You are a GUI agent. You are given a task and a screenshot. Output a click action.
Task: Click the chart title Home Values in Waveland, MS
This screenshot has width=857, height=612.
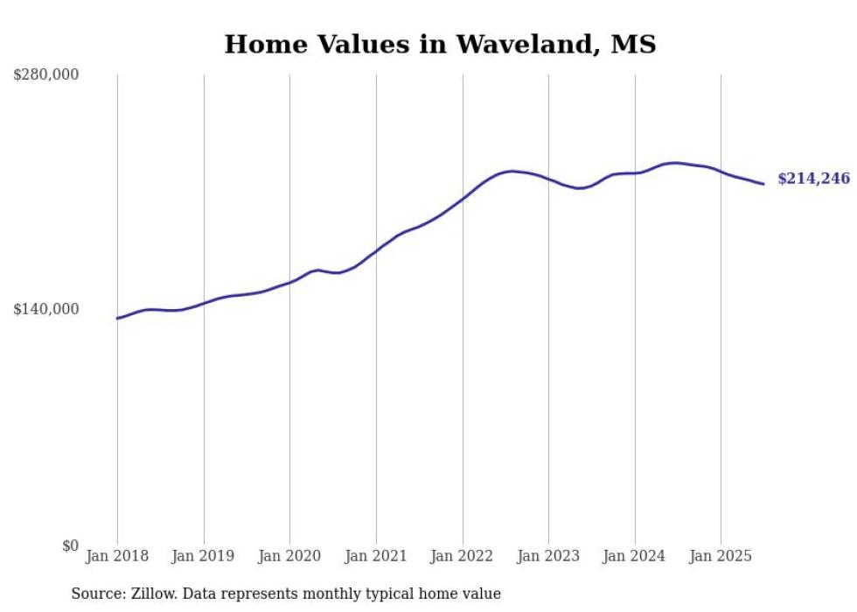[x=440, y=44]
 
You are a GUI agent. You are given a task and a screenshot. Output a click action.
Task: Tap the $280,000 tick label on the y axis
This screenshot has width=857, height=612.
[x=46, y=75]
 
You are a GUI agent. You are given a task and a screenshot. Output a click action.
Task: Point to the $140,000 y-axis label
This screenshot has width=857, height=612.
[x=46, y=309]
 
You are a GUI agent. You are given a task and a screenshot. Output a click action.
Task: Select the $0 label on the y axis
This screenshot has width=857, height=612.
[x=70, y=545]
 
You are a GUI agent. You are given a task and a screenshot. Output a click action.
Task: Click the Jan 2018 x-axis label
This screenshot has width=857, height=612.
[x=117, y=556]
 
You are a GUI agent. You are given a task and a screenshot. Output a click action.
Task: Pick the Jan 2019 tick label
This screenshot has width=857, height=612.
[x=204, y=556]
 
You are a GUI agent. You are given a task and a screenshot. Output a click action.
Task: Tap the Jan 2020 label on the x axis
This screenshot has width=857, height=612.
[x=289, y=556]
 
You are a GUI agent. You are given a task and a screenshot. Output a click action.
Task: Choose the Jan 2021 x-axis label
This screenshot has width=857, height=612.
[x=376, y=556]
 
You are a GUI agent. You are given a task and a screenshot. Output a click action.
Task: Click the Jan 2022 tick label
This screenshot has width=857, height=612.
[x=463, y=556]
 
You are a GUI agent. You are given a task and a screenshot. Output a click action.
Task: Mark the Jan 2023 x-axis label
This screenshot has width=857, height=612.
[x=548, y=556]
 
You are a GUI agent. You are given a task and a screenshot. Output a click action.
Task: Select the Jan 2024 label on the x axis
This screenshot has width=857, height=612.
[x=635, y=556]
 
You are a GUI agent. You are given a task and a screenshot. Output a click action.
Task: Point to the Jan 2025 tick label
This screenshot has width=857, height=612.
[x=721, y=556]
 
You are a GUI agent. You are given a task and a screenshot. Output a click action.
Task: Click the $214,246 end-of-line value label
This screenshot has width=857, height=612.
[x=813, y=179]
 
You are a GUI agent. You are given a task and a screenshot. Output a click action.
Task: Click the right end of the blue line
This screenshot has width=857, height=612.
[x=763, y=184]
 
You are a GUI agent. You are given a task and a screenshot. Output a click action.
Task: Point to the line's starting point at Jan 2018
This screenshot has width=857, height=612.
[x=117, y=318]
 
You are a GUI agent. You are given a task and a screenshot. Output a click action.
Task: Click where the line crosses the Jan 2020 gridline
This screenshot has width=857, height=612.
[x=289, y=282]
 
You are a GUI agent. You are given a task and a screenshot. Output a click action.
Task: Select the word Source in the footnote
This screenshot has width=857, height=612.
[x=95, y=594]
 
